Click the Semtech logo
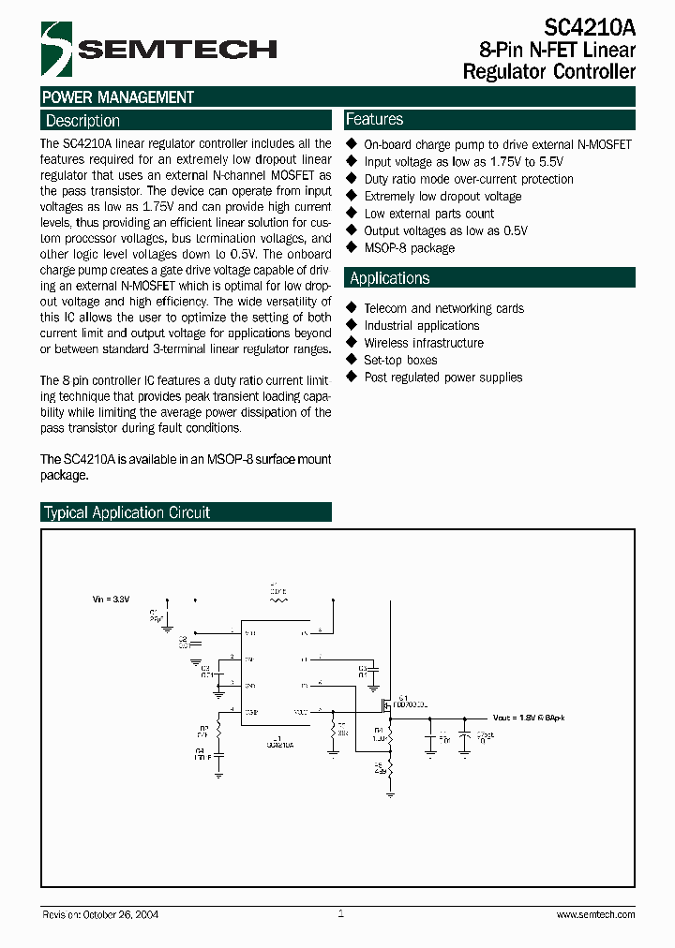tap(159, 50)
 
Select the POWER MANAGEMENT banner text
tap(118, 97)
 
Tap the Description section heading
tap(83, 121)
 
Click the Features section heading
tap(375, 120)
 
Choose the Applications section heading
tap(390, 278)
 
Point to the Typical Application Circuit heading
tap(127, 512)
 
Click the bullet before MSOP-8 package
tap(352, 247)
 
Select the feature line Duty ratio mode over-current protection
tap(469, 179)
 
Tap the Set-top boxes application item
tap(400, 360)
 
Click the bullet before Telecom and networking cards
tap(352, 307)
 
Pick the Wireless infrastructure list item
tap(424, 343)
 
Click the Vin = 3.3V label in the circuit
tap(112, 598)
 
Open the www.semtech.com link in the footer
tap(595, 914)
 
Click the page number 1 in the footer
tap(341, 913)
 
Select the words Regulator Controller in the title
tap(549, 71)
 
